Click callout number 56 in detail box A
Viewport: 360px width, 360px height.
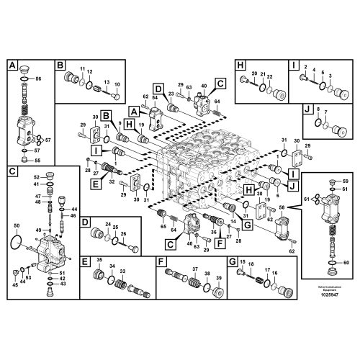coord(39,83)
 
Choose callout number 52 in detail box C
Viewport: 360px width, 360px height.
coord(36,176)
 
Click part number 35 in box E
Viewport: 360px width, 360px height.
coord(99,258)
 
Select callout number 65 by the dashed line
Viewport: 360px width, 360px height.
coord(163,227)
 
